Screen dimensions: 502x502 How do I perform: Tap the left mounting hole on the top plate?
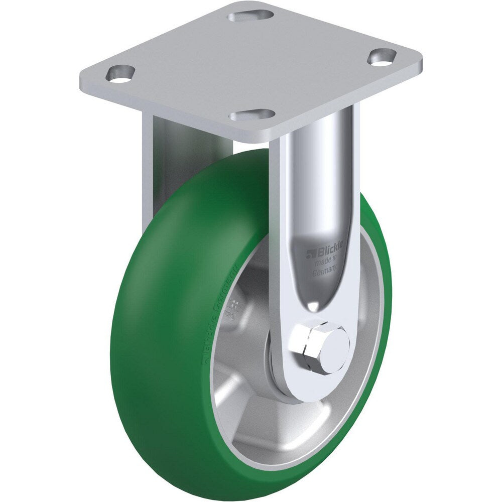tap(120, 73)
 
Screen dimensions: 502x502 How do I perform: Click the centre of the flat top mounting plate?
tap(251, 65)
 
